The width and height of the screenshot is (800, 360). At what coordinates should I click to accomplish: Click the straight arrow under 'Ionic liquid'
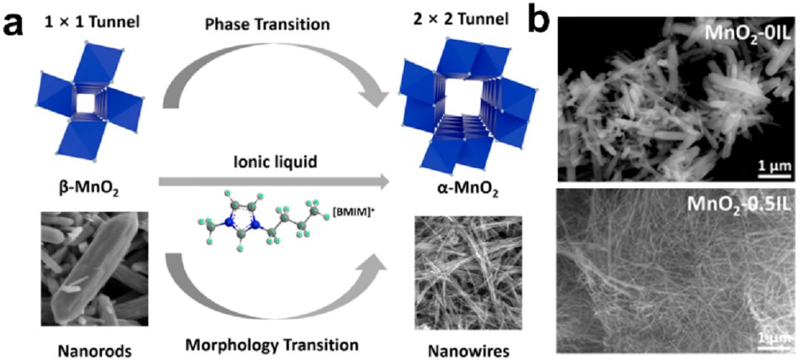tap(273, 179)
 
